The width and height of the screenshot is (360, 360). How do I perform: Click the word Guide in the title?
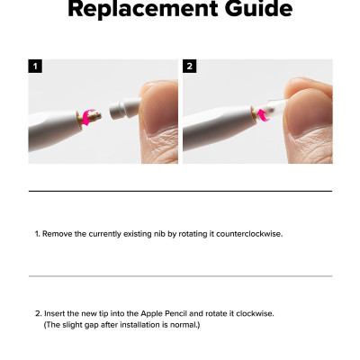pos(254,10)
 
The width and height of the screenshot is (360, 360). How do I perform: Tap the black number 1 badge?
pos(35,67)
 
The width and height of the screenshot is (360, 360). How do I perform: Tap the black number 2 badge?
pos(190,67)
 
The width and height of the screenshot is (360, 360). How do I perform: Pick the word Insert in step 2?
pos(55,313)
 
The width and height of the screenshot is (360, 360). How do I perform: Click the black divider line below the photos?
pos(180,191)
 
